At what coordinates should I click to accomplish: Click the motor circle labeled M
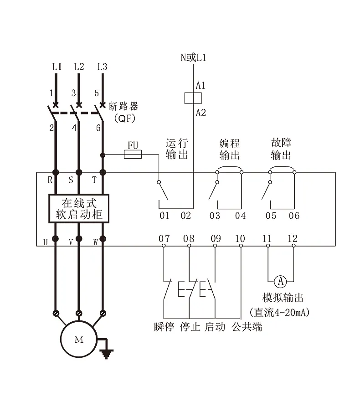[x=79, y=340]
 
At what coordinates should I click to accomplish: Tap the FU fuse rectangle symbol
[x=133, y=155]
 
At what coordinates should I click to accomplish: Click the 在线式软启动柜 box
[x=79, y=208]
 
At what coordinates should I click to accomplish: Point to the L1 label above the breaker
[x=57, y=67]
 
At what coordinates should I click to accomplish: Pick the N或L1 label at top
[x=194, y=57]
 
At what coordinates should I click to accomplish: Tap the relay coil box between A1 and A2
[x=194, y=98]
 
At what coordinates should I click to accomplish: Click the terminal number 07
[x=164, y=238]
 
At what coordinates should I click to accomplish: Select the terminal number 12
[x=293, y=238]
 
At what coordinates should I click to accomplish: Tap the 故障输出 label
[x=281, y=149]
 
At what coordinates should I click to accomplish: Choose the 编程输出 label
[x=229, y=149]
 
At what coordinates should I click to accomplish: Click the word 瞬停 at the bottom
[x=164, y=327]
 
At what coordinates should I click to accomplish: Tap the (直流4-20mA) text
[x=281, y=313]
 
